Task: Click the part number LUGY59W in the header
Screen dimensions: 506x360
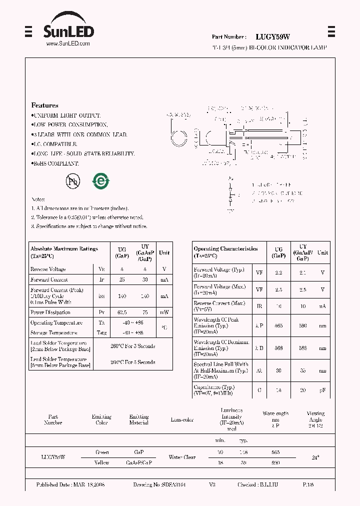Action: point(272,36)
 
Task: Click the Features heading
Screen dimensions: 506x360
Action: point(44,105)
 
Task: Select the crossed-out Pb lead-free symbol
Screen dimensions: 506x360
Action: point(73,181)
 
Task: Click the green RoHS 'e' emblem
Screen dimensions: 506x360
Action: point(100,181)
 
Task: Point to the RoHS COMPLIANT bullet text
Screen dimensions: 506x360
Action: point(55,163)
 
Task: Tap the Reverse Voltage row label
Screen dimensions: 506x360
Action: point(48,269)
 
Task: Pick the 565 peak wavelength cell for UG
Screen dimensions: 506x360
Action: point(278,325)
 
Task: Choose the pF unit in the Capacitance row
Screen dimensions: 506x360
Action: point(322,389)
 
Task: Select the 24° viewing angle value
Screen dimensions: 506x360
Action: point(315,457)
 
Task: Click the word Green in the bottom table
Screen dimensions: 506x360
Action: point(102,452)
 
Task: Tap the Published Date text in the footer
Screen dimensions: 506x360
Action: point(70,485)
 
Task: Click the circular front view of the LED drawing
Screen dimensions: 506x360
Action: point(179,137)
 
